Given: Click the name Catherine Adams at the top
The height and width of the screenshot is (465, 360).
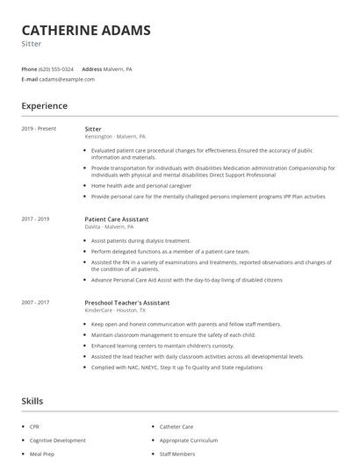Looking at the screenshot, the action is [x=86, y=30].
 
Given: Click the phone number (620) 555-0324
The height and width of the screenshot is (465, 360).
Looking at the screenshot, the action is [x=57, y=68].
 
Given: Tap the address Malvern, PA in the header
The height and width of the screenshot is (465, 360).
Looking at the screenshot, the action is [x=119, y=68].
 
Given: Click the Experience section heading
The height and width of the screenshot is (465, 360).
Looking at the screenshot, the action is [x=44, y=106].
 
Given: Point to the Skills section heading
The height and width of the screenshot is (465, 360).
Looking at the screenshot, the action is [x=33, y=401].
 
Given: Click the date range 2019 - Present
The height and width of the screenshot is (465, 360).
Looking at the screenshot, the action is [x=39, y=129].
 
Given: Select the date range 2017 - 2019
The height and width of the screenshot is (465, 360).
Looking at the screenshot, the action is [x=36, y=218].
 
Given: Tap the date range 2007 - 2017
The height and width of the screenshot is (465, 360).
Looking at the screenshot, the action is [x=36, y=303].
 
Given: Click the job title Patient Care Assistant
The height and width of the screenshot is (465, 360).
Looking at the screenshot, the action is [x=117, y=218].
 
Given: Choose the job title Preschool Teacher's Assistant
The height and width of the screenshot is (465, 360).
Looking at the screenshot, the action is [x=127, y=303].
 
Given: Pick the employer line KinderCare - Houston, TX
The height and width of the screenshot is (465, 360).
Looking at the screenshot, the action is [x=115, y=311].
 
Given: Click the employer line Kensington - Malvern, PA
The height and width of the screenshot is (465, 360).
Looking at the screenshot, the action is [x=115, y=137].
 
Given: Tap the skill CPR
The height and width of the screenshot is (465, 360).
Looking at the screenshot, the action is [x=35, y=426].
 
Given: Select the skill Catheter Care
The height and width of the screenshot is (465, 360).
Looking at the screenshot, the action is [x=176, y=426].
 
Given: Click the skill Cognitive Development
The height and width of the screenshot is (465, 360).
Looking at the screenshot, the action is [x=58, y=440].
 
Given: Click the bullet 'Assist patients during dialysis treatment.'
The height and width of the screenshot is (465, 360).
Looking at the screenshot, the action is [x=140, y=240].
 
